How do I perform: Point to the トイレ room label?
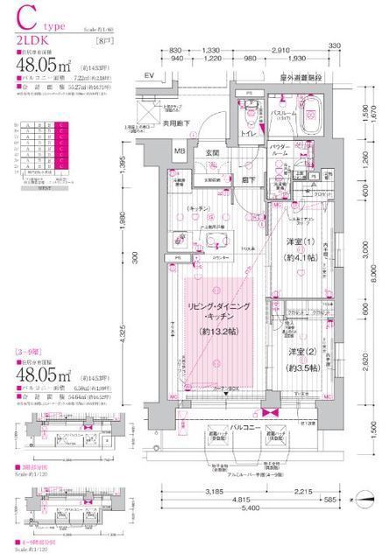click(251, 136)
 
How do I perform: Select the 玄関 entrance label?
click(213, 153)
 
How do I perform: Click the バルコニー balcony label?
click(245, 405)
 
